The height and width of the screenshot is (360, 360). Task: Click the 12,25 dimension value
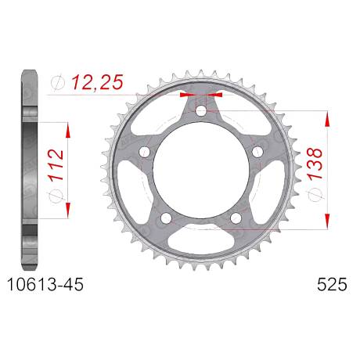pos(97,82)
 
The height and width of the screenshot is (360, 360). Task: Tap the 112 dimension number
pos(56,165)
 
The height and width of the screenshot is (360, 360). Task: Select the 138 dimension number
pos(315,164)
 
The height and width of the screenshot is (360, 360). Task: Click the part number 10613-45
pos(45,284)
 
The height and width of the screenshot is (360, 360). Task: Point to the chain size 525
pos(332,284)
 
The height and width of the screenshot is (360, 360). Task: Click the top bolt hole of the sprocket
pos(201,111)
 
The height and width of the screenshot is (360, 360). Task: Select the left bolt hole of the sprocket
pos(145,152)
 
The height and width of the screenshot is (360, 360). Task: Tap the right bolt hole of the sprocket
pos(257,152)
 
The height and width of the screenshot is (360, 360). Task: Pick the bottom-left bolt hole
pos(166,218)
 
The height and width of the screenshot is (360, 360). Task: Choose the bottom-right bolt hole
pos(236,218)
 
